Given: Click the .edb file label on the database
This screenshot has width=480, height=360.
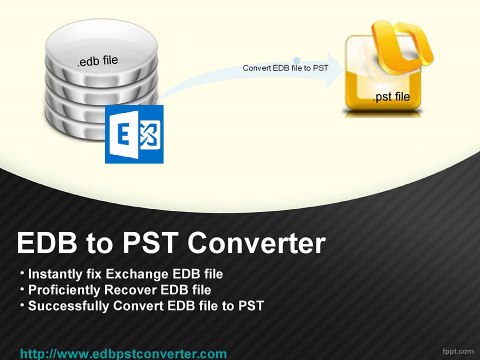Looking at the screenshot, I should (97, 61).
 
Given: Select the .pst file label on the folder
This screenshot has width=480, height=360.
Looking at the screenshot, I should (391, 97).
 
